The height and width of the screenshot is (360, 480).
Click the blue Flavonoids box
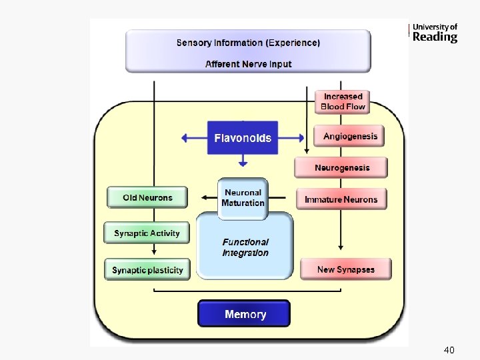pyautogui.click(x=243, y=138)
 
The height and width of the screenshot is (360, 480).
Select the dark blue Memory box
pyautogui.click(x=244, y=313)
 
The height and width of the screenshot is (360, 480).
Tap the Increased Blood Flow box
pyautogui.click(x=343, y=101)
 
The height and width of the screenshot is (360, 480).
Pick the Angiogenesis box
pyautogui.click(x=349, y=136)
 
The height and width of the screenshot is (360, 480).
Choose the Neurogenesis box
pyautogui.click(x=341, y=167)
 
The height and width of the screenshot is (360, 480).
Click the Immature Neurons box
pyautogui.click(x=341, y=199)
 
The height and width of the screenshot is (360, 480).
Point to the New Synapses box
pyautogui.click(x=345, y=269)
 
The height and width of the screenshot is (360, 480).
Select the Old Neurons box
pyautogui.click(x=147, y=197)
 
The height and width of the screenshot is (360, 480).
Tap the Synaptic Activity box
pyautogui.click(x=147, y=233)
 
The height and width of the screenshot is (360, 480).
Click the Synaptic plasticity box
pyautogui.click(x=147, y=269)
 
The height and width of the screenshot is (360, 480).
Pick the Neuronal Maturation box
pyautogui.click(x=243, y=197)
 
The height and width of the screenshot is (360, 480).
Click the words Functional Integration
pyautogui.click(x=245, y=247)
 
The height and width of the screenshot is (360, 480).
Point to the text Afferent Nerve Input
pyautogui.click(x=248, y=64)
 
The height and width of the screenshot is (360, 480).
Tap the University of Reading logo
pyautogui.click(x=433, y=33)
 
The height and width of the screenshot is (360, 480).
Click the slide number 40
pyautogui.click(x=449, y=350)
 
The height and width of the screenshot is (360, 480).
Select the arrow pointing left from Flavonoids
pyautogui.click(x=193, y=138)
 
